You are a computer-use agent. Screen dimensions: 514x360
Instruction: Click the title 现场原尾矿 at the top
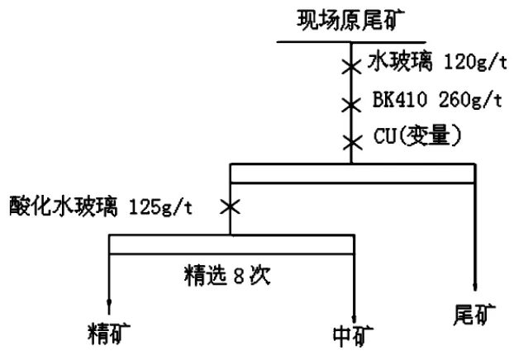click(350, 20)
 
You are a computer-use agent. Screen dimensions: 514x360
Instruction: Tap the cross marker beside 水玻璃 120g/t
click(351, 67)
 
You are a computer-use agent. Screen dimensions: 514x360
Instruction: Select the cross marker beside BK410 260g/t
click(351, 105)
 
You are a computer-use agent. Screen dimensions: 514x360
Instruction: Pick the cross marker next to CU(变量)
click(352, 143)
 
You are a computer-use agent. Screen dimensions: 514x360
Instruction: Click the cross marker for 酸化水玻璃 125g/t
click(230, 206)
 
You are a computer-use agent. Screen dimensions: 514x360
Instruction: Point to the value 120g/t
click(476, 62)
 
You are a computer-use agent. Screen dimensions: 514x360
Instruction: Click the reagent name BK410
click(400, 99)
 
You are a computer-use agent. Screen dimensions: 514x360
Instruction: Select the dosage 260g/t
click(470, 99)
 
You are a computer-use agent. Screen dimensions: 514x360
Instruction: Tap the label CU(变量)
click(417, 135)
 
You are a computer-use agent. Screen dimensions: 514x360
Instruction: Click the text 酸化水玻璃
click(64, 206)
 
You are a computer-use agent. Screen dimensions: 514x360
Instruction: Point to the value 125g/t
click(160, 207)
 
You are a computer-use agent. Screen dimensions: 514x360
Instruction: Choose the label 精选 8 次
click(227, 275)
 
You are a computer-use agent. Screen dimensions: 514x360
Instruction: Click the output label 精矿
click(109, 334)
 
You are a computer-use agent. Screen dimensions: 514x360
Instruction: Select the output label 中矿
click(354, 336)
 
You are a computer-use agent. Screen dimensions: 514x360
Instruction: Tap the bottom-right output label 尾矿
click(474, 315)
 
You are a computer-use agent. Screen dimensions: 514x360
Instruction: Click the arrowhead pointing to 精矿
click(109, 303)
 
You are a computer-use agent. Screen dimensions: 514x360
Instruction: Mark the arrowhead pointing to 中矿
click(354, 319)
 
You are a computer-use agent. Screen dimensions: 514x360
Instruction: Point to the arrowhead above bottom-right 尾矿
click(474, 287)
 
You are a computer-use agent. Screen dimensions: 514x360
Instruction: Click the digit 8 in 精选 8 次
click(239, 276)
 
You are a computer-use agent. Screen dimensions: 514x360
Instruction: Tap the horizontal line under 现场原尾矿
click(351, 42)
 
